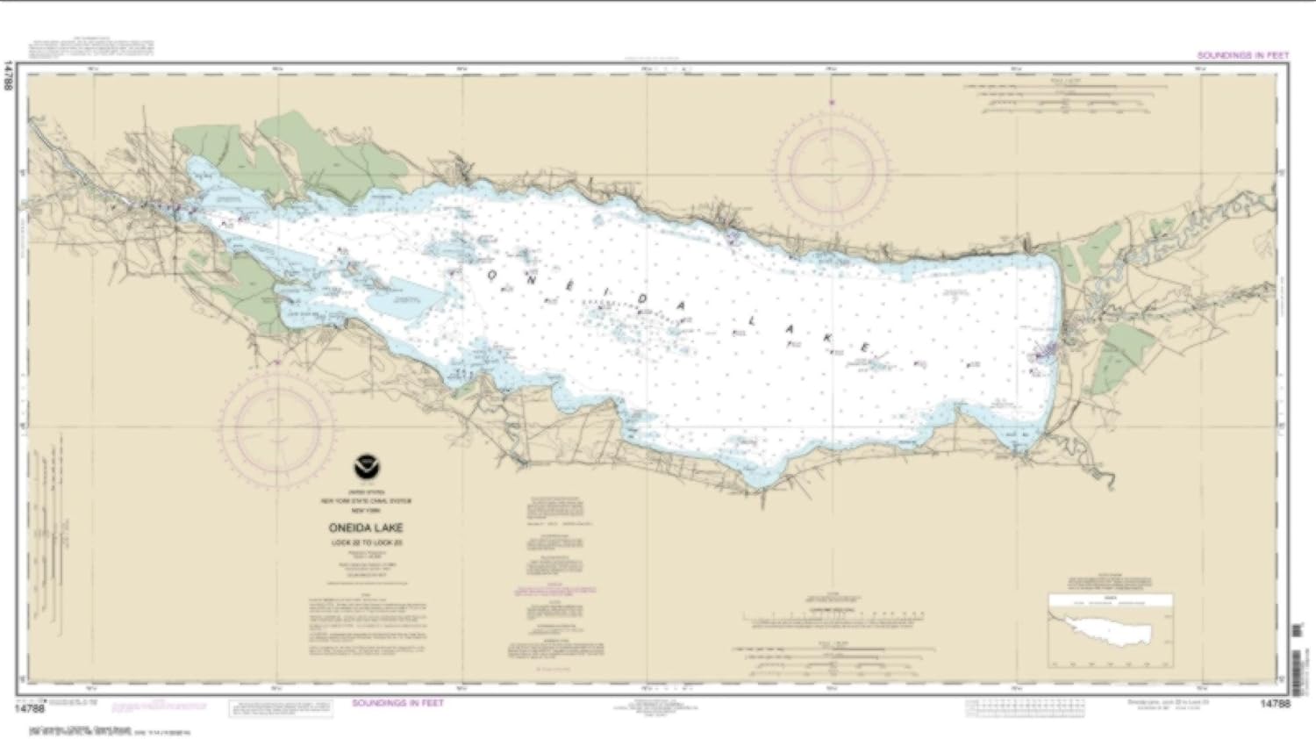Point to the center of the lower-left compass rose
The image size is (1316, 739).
point(277,427)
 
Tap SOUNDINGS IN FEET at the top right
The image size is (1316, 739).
point(1242,55)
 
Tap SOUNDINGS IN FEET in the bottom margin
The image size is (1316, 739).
point(397,703)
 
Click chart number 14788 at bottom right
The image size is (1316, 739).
point(1274,703)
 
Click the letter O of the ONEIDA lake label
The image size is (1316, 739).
point(492,274)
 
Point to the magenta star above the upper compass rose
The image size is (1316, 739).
point(830,104)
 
